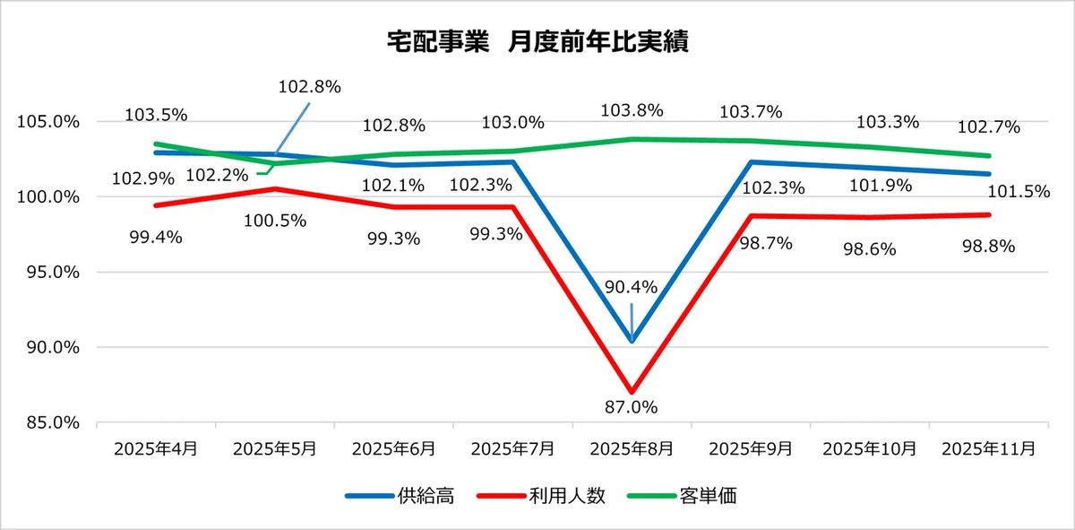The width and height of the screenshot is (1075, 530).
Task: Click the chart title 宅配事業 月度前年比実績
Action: pyautogui.click(x=537, y=42)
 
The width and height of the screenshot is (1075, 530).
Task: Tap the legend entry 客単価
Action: pyautogui.click(x=714, y=496)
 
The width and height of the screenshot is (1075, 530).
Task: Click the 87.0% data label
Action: pyautogui.click(x=632, y=407)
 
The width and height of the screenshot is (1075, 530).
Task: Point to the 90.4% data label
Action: pyautogui.click(x=632, y=288)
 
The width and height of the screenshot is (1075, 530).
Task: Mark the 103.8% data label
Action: pyautogui.click(x=632, y=111)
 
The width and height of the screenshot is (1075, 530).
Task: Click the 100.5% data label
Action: pyautogui.click(x=277, y=220)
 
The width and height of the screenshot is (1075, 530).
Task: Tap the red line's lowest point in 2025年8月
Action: pyautogui.click(x=632, y=391)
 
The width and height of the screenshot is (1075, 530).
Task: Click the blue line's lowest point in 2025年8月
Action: pyautogui.click(x=632, y=341)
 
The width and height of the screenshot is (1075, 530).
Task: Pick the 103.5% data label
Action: pyautogui.click(x=156, y=115)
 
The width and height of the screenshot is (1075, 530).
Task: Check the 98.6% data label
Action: pyautogui.click(x=870, y=249)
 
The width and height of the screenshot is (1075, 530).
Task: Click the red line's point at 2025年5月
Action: pyautogui.click(x=275, y=189)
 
